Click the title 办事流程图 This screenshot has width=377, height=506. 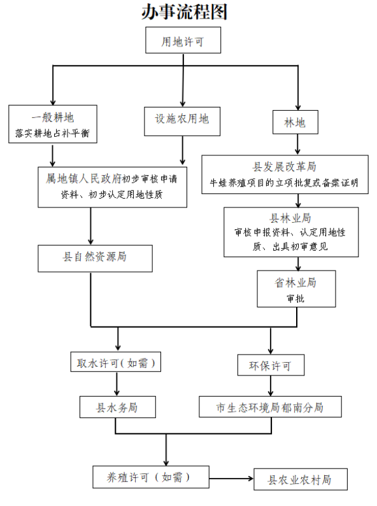184,12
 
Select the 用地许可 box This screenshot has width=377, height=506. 183,43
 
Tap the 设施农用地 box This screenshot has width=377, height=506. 182,118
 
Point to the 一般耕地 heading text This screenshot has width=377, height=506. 53,117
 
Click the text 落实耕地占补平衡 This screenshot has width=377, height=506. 53,134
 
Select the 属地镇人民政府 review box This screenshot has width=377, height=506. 112,186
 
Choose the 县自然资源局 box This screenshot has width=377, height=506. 94,257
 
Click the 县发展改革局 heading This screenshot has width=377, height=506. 285,167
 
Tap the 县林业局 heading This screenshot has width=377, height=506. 290,218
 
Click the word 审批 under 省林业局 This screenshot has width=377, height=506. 295,298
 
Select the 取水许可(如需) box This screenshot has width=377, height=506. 115,363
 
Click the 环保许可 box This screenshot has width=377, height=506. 271,366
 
